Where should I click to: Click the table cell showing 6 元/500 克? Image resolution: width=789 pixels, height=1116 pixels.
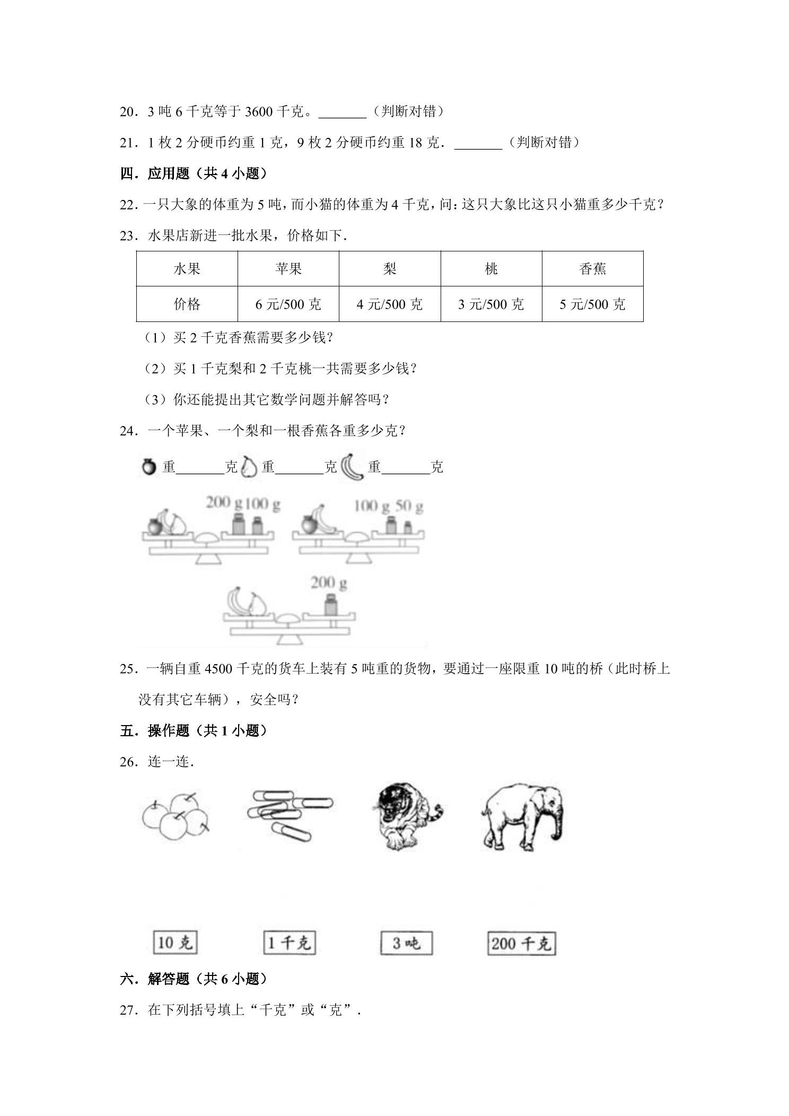[288, 304]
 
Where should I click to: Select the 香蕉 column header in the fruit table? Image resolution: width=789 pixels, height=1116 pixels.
[592, 269]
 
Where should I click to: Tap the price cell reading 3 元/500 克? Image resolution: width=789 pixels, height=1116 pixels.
[491, 304]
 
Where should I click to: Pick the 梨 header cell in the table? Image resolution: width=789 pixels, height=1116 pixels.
[390, 269]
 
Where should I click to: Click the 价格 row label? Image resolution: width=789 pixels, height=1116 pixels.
[187, 304]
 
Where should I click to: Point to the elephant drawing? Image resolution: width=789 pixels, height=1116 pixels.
[522, 817]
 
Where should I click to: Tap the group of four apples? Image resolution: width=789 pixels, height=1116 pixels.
[176, 816]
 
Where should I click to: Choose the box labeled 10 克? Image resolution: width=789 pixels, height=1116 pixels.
[175, 943]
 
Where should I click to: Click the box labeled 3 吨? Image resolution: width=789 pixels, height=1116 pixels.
[406, 943]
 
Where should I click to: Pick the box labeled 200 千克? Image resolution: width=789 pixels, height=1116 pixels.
[521, 944]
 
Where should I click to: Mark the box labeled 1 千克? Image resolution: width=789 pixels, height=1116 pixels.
[289, 943]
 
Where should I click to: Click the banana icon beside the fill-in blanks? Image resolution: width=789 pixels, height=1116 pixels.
[352, 467]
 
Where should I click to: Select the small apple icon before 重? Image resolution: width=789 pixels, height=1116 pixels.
[149, 466]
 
